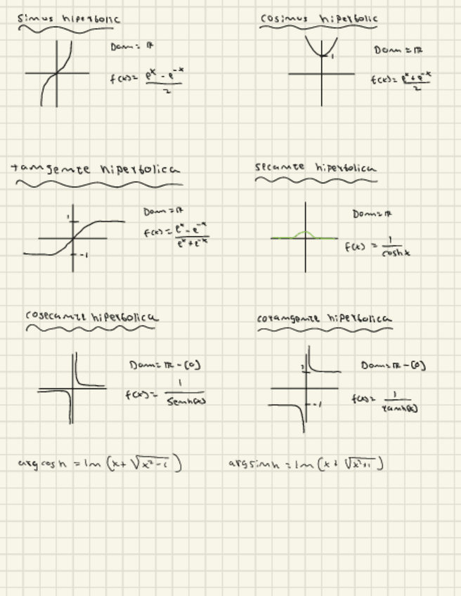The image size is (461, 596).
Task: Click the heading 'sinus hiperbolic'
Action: (68, 19)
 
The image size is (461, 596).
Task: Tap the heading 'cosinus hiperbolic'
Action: (319, 18)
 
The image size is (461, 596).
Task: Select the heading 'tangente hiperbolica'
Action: (96, 169)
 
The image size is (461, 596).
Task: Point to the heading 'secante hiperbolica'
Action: (315, 168)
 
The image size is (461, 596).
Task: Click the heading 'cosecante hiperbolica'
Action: (91, 316)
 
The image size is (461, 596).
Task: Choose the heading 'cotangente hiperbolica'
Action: (324, 318)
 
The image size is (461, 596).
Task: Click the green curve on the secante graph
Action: (303, 233)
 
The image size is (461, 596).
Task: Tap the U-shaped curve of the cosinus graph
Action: (321, 47)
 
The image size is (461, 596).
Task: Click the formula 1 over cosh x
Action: (377, 247)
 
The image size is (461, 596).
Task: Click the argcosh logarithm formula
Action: (100, 463)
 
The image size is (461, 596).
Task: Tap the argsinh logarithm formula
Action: (306, 463)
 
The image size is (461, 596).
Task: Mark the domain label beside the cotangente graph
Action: (393, 365)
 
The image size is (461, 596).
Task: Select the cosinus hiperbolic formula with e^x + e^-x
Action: (401, 79)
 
